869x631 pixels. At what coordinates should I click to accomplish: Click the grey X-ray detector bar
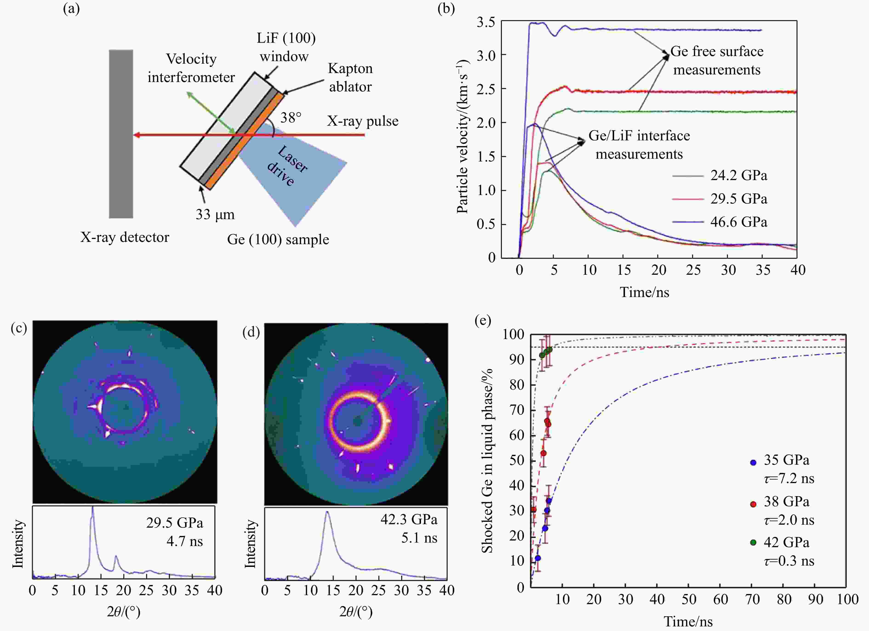point(121,134)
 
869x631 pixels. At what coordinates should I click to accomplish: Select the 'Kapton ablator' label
point(350,78)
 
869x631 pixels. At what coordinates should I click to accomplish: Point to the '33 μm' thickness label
point(215,214)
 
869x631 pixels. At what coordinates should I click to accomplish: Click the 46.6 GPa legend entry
point(738,222)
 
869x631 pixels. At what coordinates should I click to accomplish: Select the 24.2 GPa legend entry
point(738,175)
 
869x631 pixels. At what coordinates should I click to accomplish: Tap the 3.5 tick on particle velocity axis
point(486,22)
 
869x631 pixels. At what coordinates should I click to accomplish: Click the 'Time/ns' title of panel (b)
point(644,292)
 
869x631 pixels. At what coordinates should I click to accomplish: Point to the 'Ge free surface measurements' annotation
point(717,60)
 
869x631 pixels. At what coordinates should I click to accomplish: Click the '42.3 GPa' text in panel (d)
point(409,520)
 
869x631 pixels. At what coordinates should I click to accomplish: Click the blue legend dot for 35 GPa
point(753,463)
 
